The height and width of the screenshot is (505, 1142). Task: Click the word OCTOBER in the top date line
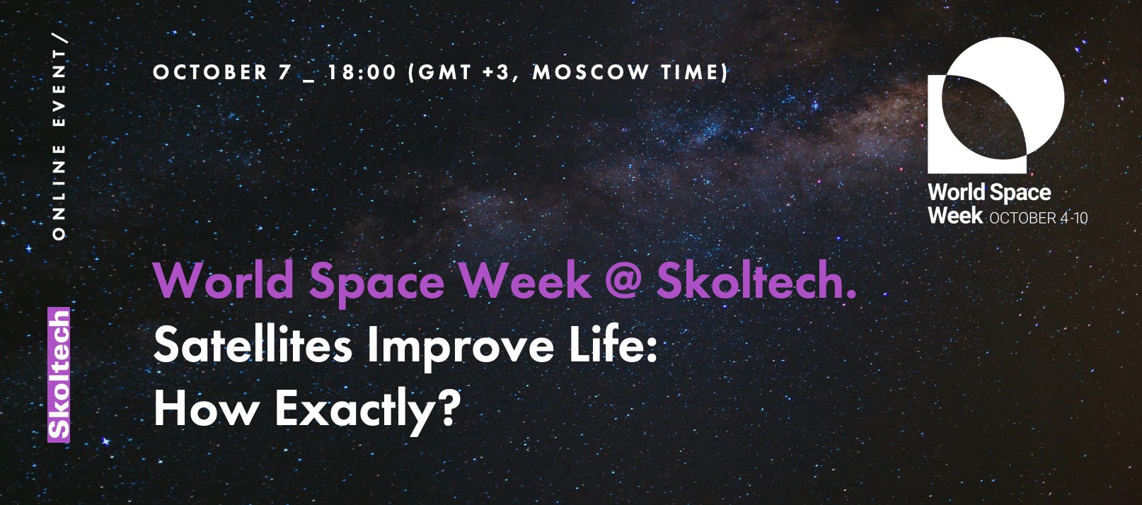pyautogui.click(x=210, y=72)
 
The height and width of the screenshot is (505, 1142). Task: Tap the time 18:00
pyautogui.click(x=362, y=72)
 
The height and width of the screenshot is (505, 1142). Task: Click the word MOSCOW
pyautogui.click(x=590, y=72)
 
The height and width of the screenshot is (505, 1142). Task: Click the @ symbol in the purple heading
pyautogui.click(x=623, y=281)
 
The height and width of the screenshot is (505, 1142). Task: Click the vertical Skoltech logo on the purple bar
pyautogui.click(x=59, y=375)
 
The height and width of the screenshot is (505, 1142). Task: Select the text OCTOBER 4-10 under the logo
pyautogui.click(x=1039, y=218)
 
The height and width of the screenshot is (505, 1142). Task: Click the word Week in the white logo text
pyautogui.click(x=955, y=216)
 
